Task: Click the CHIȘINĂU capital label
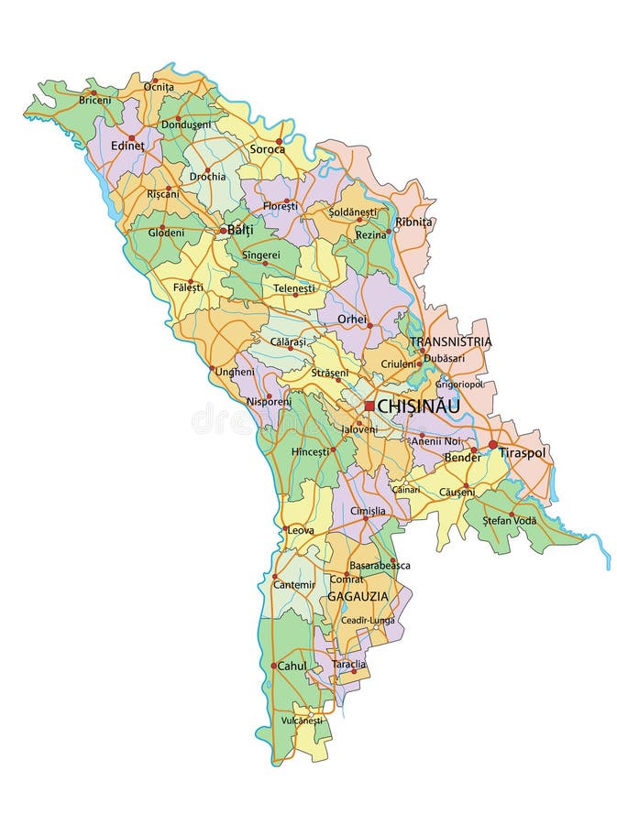tap(418, 405)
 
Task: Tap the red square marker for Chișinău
tap(369, 406)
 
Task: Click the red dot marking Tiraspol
tap(492, 444)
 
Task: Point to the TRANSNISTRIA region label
tap(450, 342)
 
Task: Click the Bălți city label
tap(240, 231)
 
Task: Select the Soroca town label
tap(268, 149)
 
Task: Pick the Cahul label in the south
tap(292, 666)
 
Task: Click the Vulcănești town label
tap(303, 721)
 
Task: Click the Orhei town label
tap(352, 320)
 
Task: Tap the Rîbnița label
tap(413, 222)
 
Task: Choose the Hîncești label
tap(310, 452)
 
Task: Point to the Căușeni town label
tap(457, 492)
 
